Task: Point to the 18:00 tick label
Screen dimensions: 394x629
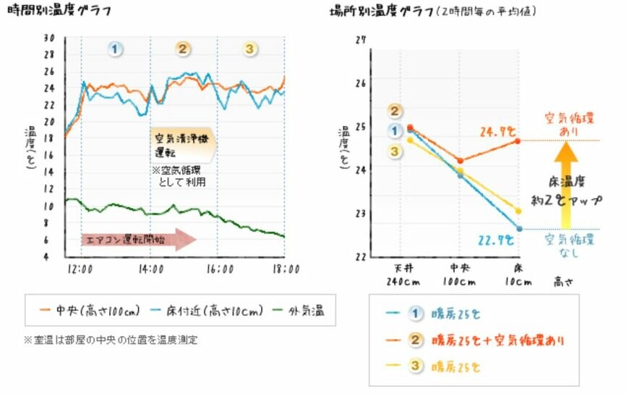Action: (283, 269)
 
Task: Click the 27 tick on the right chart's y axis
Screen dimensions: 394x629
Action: (359, 40)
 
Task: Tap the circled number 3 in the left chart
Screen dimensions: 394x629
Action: (249, 49)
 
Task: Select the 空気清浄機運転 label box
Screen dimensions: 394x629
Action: (183, 147)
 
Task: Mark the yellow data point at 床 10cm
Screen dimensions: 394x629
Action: (519, 211)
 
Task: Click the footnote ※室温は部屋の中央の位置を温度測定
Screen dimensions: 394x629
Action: (111, 339)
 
